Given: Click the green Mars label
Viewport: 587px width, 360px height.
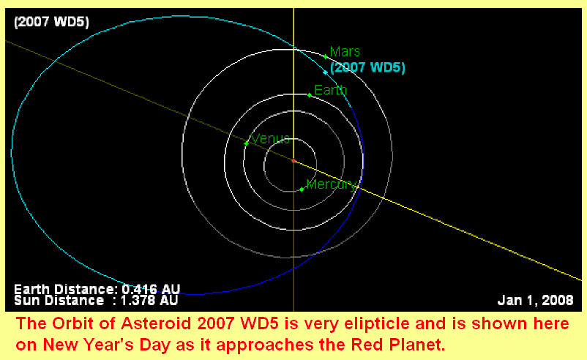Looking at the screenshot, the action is pos(345,52).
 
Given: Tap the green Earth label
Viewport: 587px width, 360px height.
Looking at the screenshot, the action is pos(331,90).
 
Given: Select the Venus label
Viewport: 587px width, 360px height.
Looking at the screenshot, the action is pos(270,139).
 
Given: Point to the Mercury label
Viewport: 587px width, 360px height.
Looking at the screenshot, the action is pos(331,184).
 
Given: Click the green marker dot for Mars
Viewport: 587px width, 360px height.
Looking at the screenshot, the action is pos(325,57).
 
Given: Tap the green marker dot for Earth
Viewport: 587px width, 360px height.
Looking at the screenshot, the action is pos(309,95).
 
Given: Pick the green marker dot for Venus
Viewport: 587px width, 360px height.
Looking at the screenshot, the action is pos(246,143).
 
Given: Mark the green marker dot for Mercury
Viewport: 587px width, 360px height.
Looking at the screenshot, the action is pos(302,190).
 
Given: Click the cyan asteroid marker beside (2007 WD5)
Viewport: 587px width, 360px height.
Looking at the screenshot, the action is pos(325,72).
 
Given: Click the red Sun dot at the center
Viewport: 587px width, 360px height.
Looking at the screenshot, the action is pos(294,161).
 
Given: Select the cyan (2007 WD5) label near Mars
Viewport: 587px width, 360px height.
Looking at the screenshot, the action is pos(367,68).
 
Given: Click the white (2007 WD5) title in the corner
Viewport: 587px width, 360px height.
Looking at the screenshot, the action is pos(51,22).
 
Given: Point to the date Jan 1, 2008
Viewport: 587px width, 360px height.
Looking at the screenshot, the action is pos(535,300).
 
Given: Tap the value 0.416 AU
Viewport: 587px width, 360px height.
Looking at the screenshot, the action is pos(152,289).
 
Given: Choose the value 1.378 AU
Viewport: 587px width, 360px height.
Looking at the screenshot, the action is pos(149,300).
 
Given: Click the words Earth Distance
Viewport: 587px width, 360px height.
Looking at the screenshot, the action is pos(66,289).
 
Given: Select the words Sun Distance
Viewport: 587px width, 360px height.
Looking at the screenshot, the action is pos(59,300).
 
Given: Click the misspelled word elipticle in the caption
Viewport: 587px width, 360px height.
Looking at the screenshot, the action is pos(377,323).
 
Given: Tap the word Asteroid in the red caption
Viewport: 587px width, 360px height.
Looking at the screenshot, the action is pos(156,323).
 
